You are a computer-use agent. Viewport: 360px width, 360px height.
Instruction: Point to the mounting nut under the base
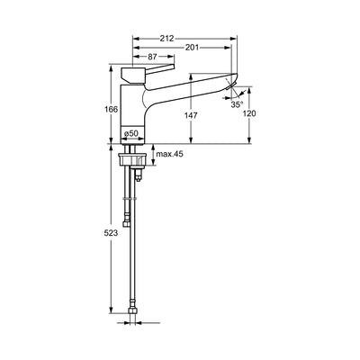tap(133, 160)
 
